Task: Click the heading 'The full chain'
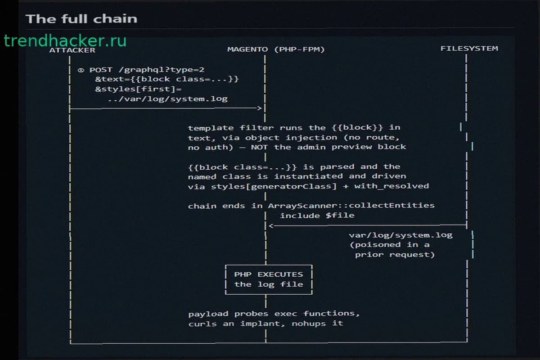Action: pos(81,19)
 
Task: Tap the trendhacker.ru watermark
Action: pos(65,40)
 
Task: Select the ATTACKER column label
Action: pos(72,50)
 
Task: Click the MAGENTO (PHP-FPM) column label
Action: pos(276,49)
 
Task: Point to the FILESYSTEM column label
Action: pos(469,49)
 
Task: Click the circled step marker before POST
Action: pos(81,70)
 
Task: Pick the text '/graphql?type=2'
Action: pos(162,70)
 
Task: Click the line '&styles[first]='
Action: pos(139,89)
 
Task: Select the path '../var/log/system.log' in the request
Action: pos(168,99)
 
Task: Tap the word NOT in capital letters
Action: pos(259,147)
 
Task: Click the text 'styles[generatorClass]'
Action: pos(274,186)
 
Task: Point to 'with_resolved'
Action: pos(391,186)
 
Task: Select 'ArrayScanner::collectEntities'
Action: pos(351,206)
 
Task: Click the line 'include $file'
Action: pos(317,215)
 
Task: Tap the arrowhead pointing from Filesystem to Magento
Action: pos(271,226)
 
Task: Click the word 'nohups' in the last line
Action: pos(309,324)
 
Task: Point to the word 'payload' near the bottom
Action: pos(208,314)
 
